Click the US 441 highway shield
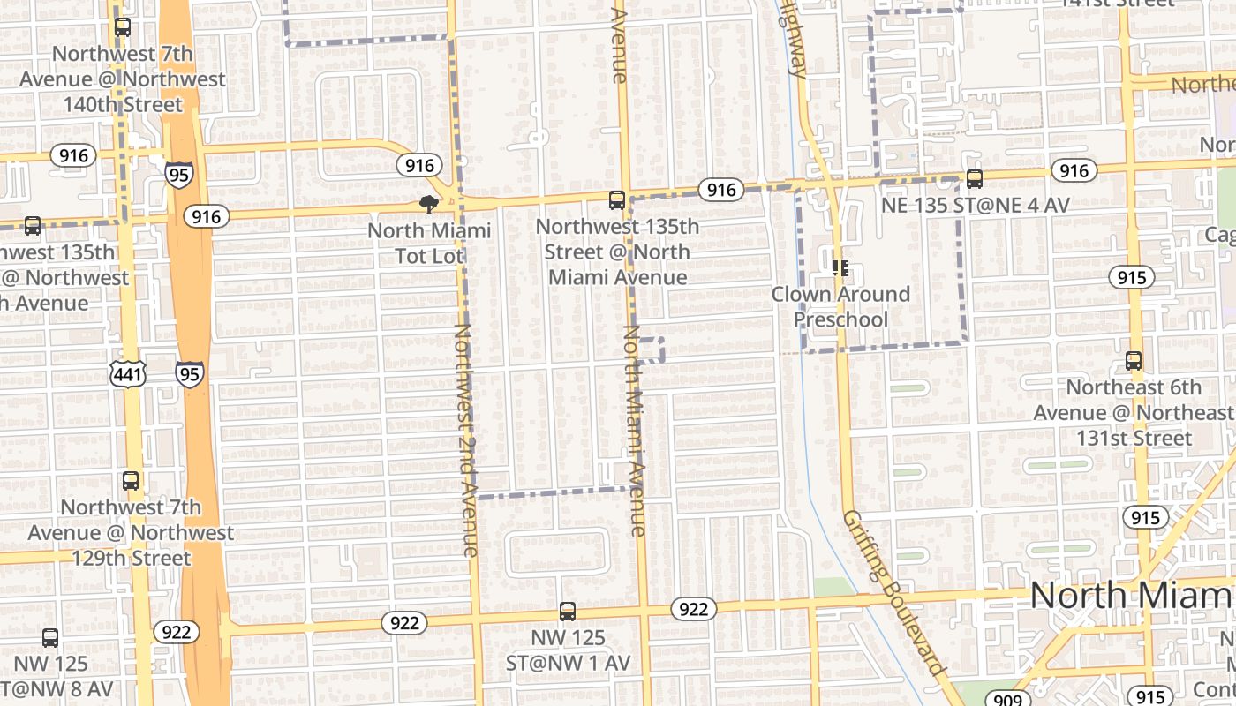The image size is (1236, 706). point(128,374)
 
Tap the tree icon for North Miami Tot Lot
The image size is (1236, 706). point(429,205)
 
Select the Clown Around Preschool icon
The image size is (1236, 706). point(840,267)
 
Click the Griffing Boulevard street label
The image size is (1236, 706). point(891,591)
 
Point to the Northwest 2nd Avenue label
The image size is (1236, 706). point(465,439)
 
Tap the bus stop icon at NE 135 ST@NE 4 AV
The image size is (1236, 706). point(975,179)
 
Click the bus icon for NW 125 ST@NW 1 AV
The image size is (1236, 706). point(568,611)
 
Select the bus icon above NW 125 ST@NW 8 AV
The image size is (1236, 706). point(50,637)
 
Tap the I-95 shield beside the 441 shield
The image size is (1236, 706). point(189,373)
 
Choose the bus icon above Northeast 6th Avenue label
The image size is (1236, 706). point(1134,361)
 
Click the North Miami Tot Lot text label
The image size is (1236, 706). point(429,244)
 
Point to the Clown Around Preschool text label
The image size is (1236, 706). point(840,306)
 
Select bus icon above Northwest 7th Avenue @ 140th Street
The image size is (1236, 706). point(123,27)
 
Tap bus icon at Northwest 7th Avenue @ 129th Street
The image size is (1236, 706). point(131,481)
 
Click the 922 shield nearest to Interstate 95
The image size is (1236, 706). point(177,632)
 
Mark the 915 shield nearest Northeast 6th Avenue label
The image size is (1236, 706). point(1131,278)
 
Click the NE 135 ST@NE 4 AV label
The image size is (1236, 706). point(976,206)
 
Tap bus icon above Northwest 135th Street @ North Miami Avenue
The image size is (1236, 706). point(617,200)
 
